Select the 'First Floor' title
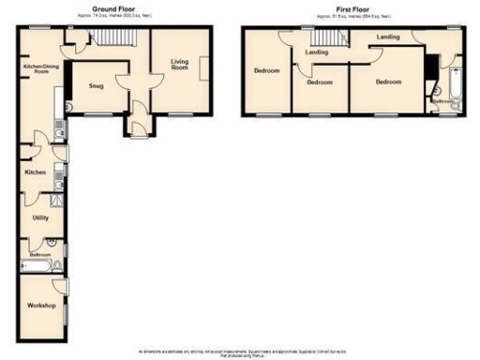341,7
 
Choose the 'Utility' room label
40,217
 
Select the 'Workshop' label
40,306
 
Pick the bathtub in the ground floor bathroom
35,267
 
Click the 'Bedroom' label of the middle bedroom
320,82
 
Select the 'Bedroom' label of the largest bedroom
388,82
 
